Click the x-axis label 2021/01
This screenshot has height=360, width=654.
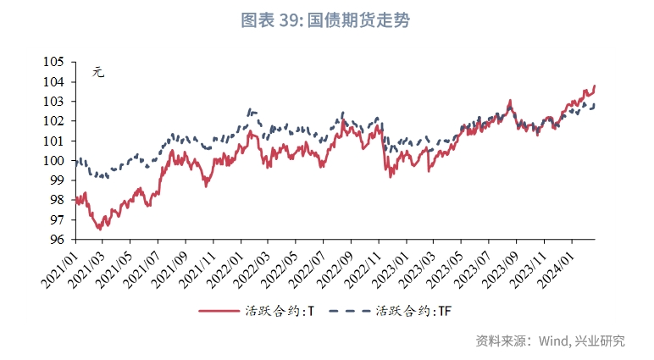(x=60, y=264)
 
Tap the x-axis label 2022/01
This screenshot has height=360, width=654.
(x=224, y=264)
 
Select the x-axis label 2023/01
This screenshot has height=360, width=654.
(x=389, y=264)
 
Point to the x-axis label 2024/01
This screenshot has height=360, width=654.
(x=552, y=264)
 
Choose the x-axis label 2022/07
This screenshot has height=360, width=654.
(x=306, y=264)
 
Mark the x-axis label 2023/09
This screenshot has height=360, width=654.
(x=497, y=264)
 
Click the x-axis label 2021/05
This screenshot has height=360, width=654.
(x=114, y=264)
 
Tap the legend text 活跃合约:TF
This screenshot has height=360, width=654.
(x=413, y=311)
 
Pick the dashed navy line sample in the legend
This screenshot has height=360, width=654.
(x=347, y=311)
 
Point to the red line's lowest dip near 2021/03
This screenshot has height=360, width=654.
(x=99, y=229)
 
